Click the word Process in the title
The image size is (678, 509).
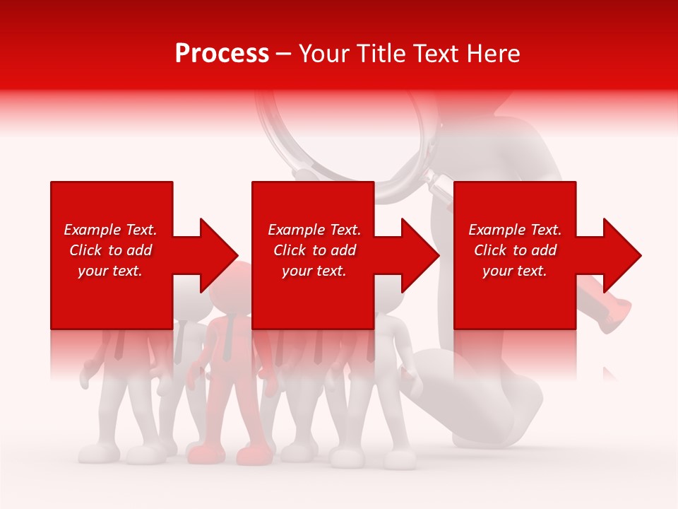222,54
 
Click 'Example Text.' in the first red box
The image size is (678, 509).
110,230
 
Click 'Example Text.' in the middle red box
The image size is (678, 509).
314,230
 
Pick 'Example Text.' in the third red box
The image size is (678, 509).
515,230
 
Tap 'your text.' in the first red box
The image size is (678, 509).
110,271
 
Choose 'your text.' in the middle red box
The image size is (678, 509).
314,271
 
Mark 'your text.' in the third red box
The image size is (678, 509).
515,271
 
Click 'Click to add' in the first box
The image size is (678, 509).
110,250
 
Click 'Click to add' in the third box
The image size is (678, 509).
515,250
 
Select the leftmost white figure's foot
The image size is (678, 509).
92,452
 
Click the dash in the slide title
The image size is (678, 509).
283,54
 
